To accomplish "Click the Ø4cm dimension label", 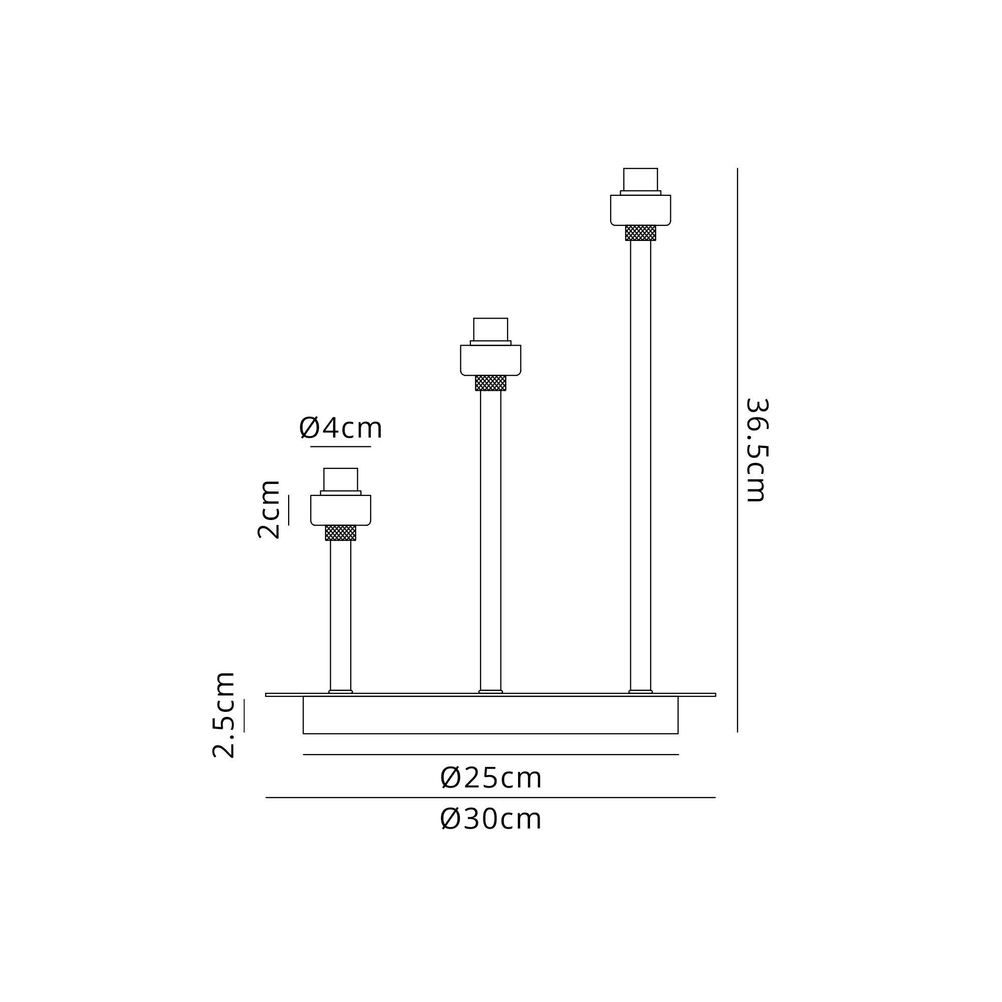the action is [340, 428].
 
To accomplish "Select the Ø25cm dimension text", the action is [490, 779].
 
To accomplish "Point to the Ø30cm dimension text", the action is [490, 820].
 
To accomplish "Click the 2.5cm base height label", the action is [224, 715].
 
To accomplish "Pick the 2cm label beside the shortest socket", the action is [269, 510].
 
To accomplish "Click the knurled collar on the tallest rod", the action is [640, 233].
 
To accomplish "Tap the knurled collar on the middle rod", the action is [490, 383].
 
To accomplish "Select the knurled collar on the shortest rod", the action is [341, 533].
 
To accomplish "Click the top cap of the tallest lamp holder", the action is [640, 179].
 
